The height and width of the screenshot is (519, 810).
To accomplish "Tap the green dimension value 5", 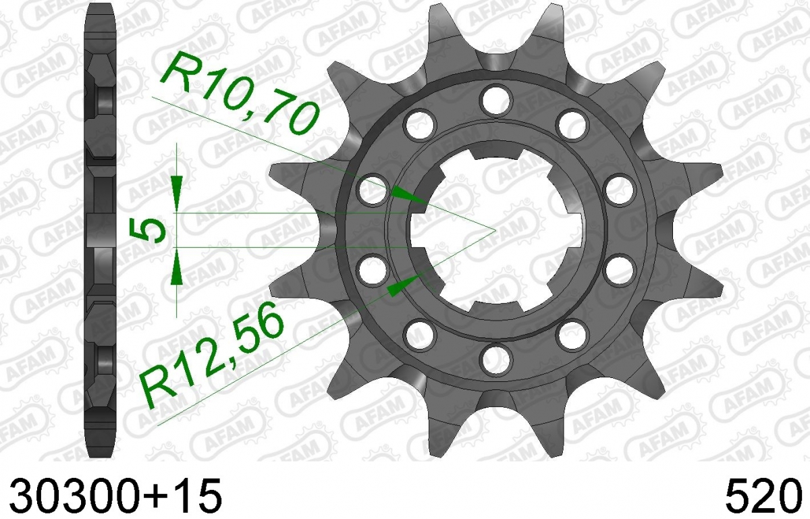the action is pyautogui.click(x=146, y=231).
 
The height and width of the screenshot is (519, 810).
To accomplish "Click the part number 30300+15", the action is pyautogui.click(x=115, y=495).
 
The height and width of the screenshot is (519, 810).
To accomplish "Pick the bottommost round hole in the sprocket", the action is pyautogui.click(x=497, y=360).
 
